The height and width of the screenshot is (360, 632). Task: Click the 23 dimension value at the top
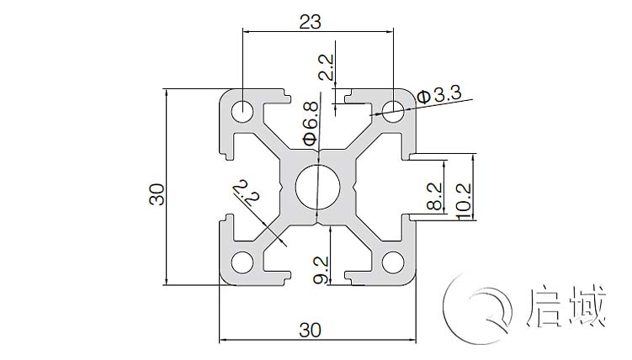pyautogui.click(x=310, y=23)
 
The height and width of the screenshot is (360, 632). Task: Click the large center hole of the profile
pyautogui.click(x=318, y=187)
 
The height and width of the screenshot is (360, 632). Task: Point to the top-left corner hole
pyautogui.click(x=244, y=109)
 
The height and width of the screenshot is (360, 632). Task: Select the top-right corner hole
pyautogui.click(x=392, y=108)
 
